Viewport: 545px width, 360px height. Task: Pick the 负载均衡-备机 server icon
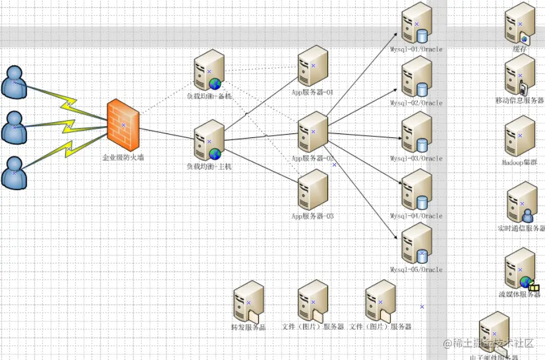point(208,70)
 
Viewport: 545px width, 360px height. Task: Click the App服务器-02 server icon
point(313,132)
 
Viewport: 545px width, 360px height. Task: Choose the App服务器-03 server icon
point(313,190)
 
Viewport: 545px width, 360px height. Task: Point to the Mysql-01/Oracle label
point(416,49)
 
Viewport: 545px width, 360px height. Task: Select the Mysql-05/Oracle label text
point(416,269)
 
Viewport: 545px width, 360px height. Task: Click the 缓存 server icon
point(519,23)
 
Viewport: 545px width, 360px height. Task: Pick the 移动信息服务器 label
point(519,101)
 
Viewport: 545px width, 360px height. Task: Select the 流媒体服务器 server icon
point(521,269)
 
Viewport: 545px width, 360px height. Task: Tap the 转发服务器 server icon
point(249,304)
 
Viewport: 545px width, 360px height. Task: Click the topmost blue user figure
point(14,81)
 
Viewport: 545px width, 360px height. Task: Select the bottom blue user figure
point(14,173)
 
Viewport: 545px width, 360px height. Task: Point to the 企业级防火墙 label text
point(123,157)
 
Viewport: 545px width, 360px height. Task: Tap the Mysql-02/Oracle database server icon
point(416,77)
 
